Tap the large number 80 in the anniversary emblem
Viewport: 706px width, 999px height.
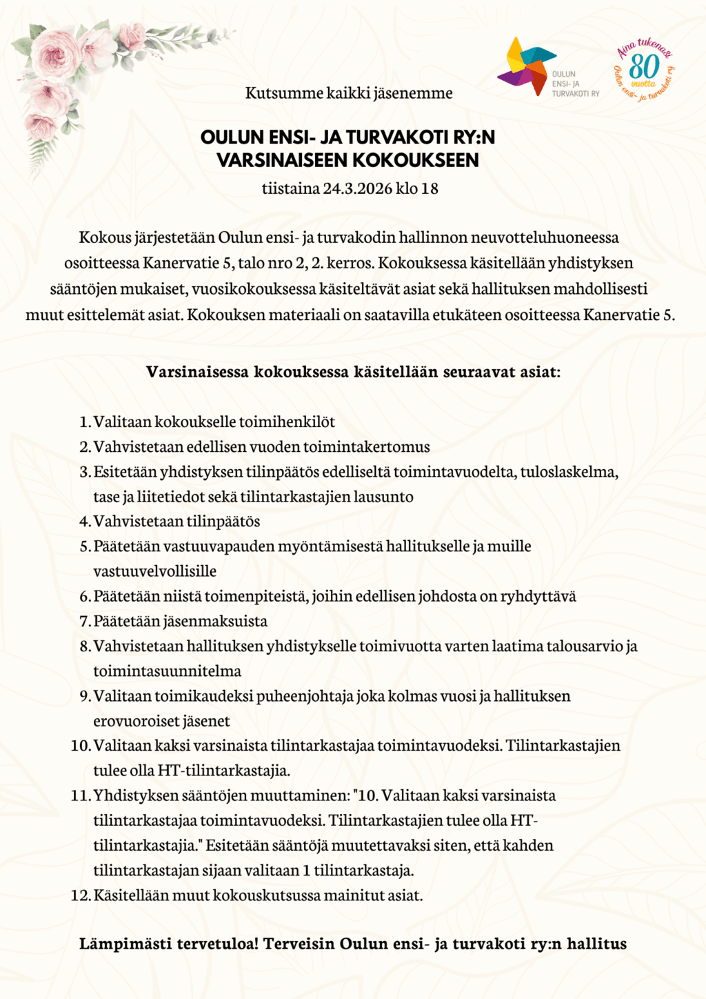click(644, 68)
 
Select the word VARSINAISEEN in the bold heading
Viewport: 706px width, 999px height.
click(279, 160)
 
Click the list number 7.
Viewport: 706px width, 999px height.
click(85, 621)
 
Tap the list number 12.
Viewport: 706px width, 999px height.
click(80, 896)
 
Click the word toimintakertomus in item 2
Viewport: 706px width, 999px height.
click(366, 446)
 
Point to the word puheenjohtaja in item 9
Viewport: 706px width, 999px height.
click(305, 695)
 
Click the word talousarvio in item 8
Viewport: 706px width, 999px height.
click(585, 646)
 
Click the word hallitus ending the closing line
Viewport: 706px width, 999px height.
click(596, 944)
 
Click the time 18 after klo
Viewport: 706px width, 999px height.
click(430, 188)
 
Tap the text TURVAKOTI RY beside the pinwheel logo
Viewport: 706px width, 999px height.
click(576, 94)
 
